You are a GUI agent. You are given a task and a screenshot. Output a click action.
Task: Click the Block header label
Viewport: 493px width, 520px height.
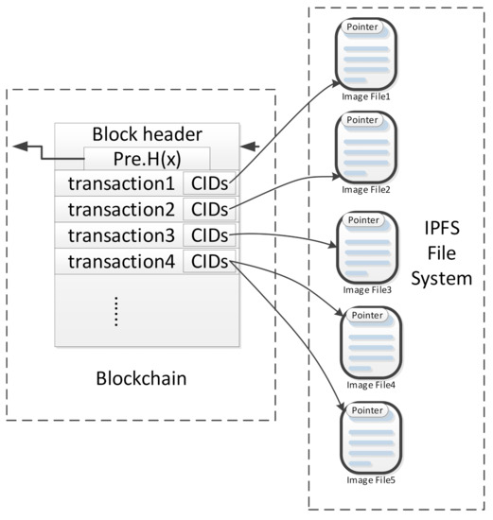(x=146, y=135)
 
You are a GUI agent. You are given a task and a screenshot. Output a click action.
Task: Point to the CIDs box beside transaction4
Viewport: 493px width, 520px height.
(x=210, y=260)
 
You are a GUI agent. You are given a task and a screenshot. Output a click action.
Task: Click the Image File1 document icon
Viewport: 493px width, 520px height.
(x=365, y=54)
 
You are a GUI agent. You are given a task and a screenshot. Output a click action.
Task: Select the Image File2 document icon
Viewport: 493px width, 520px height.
(x=365, y=147)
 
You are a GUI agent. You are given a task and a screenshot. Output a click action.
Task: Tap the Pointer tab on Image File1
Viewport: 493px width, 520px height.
(x=364, y=26)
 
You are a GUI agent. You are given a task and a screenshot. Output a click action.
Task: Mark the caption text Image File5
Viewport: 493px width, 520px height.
(x=370, y=478)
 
